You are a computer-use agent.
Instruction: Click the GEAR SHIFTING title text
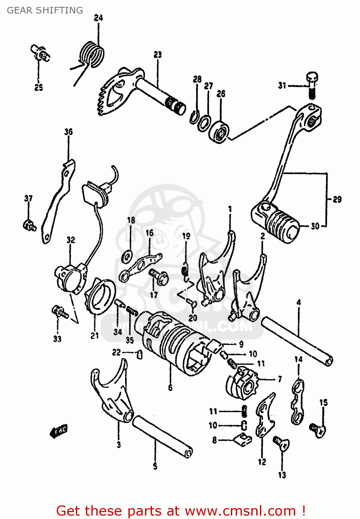click(45, 10)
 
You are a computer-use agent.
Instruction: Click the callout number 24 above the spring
click(98, 18)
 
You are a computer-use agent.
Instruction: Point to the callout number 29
click(337, 199)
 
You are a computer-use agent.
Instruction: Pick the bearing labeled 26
click(219, 131)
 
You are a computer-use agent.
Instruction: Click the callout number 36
click(69, 132)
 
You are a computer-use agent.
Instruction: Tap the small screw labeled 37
click(29, 225)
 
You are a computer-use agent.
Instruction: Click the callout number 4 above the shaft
click(298, 302)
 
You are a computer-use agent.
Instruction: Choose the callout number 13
click(282, 475)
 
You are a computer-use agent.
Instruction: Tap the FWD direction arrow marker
click(59, 431)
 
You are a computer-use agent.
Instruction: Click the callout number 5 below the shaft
click(155, 466)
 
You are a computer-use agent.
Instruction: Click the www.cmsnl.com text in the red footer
click(240, 511)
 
